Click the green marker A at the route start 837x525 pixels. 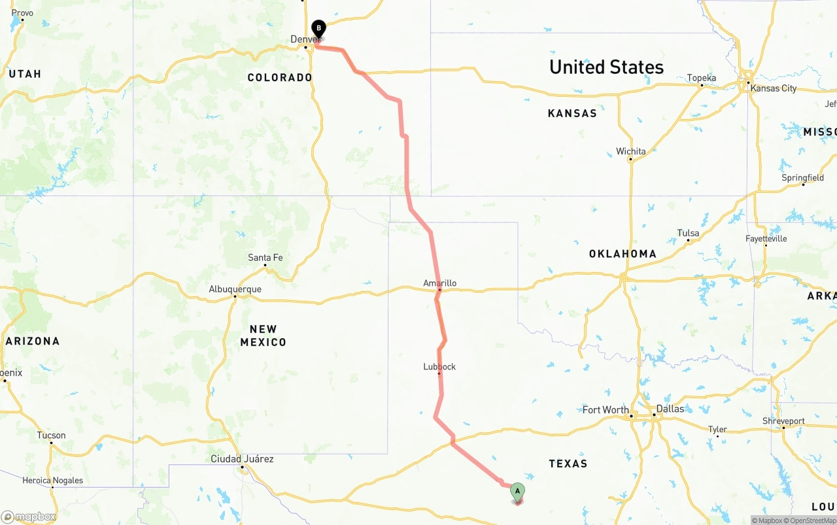click(x=517, y=491)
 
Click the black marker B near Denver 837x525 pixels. click(x=318, y=29)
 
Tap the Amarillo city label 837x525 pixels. click(x=439, y=283)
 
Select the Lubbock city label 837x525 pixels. click(x=439, y=367)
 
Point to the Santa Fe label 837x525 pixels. click(x=265, y=258)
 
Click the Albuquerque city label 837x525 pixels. click(x=235, y=289)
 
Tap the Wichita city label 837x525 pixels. click(x=631, y=151)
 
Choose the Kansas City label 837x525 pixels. click(x=774, y=88)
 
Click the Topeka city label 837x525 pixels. click(x=702, y=78)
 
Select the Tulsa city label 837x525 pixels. click(x=688, y=233)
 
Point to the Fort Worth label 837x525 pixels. click(x=606, y=410)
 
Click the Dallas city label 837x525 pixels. click(x=670, y=409)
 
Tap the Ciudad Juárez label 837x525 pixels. click(x=242, y=459)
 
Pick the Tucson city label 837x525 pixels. click(x=51, y=435)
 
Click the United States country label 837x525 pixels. click(x=606, y=67)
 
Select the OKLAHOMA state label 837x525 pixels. click(x=623, y=254)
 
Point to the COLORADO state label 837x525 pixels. click(x=280, y=77)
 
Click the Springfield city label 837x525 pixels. click(x=803, y=178)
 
